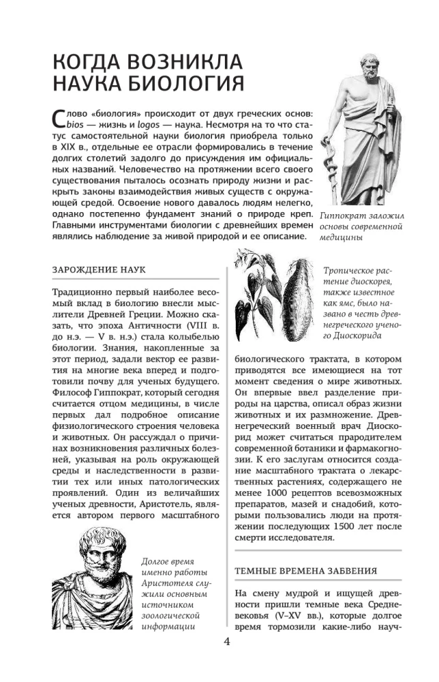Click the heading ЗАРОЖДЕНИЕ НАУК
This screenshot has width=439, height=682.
pyautogui.click(x=99, y=270)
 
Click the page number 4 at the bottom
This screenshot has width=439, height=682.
pyautogui.click(x=227, y=642)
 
